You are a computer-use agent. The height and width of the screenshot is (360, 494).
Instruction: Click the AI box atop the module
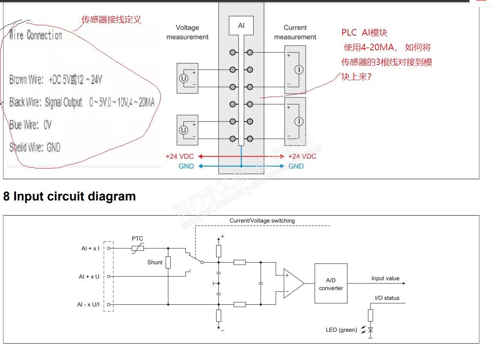(x=241, y=25)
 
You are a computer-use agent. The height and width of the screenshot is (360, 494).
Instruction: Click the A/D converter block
(x=331, y=284)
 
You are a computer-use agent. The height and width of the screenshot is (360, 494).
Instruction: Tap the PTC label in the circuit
(x=138, y=239)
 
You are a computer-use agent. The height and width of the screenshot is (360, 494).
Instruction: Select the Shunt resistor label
(x=155, y=262)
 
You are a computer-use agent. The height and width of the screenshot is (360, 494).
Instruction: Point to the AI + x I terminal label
(x=90, y=248)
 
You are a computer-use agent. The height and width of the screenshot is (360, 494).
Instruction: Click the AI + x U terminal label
(x=89, y=277)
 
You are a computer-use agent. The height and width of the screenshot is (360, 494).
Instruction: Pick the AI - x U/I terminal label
(x=88, y=304)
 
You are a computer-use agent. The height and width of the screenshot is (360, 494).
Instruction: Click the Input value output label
(x=385, y=278)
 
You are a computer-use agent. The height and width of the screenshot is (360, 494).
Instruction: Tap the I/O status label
(x=387, y=298)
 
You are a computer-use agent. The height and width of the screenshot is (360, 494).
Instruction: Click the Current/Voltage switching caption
(x=262, y=220)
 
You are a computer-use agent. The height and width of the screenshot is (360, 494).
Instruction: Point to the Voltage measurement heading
(x=187, y=32)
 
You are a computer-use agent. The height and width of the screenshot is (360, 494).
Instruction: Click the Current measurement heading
(x=295, y=32)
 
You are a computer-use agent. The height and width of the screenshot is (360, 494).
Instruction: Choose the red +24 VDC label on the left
(x=180, y=156)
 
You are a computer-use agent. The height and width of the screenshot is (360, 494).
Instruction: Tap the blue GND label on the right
(x=296, y=166)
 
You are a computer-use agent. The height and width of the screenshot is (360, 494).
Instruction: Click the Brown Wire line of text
(x=56, y=80)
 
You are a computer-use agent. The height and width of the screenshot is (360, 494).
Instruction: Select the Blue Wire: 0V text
(x=31, y=125)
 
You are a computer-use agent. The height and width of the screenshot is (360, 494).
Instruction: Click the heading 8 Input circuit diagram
(x=70, y=196)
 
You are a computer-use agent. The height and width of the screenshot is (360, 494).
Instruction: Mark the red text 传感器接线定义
(x=111, y=19)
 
